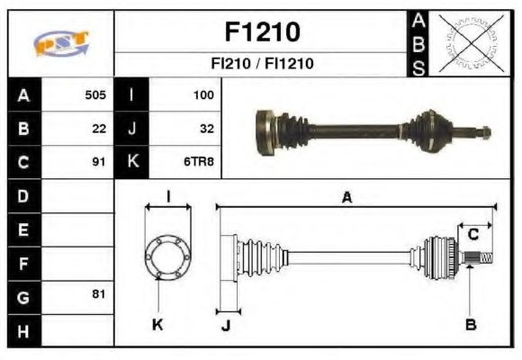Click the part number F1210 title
pyautogui.click(x=261, y=32)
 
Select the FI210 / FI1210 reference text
pyautogui.click(x=261, y=64)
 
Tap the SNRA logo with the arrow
pyautogui.click(x=60, y=43)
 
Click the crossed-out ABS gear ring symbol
pyautogui.click(x=467, y=42)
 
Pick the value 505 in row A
pyautogui.click(x=95, y=94)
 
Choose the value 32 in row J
pyautogui.click(x=206, y=129)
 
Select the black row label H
pyautogui.click(x=23, y=330)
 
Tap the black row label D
pyautogui.click(x=23, y=196)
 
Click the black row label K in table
pyautogui.click(x=133, y=163)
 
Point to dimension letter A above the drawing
pyautogui.click(x=346, y=198)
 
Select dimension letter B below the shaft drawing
pyautogui.click(x=471, y=323)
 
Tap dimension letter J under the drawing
pyautogui.click(x=226, y=325)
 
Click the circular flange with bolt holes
pyautogui.click(x=168, y=256)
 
